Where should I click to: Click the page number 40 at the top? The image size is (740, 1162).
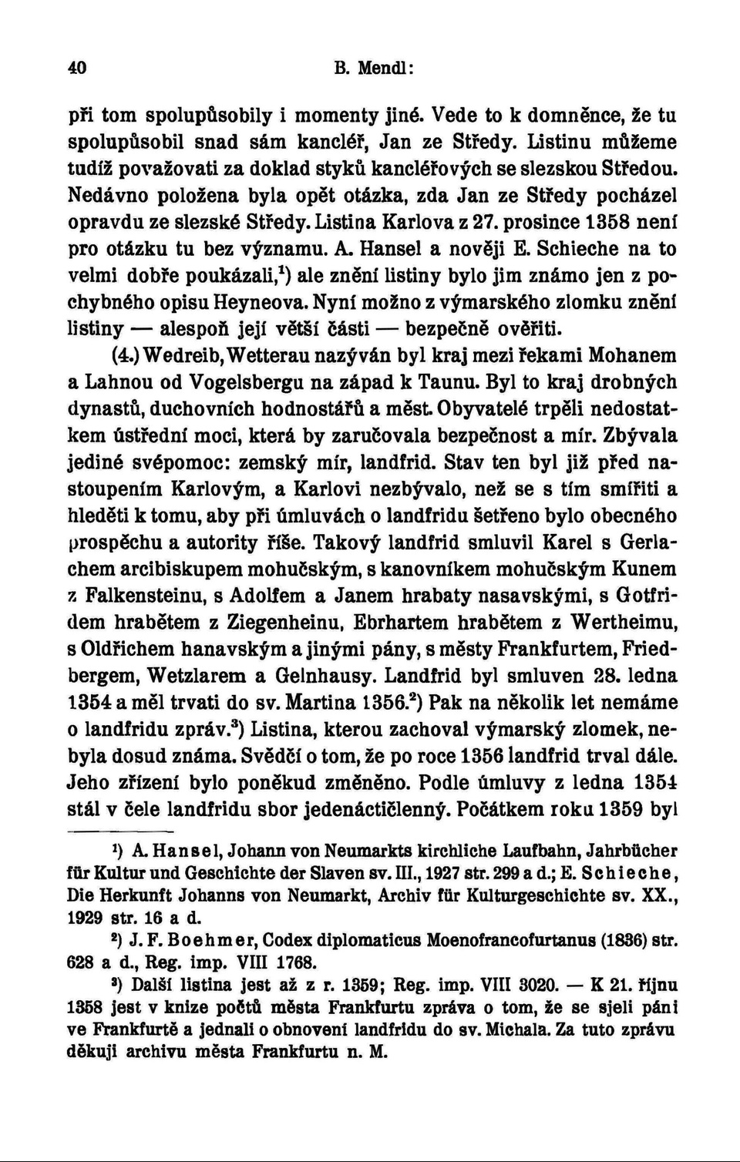[77, 68]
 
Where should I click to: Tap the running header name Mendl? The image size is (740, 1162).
[384, 68]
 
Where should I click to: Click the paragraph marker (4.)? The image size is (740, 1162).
[123, 356]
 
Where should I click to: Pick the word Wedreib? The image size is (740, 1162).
[181, 356]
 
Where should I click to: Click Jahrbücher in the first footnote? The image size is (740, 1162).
[631, 851]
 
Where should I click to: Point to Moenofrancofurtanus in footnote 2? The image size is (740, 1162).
[493, 940]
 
